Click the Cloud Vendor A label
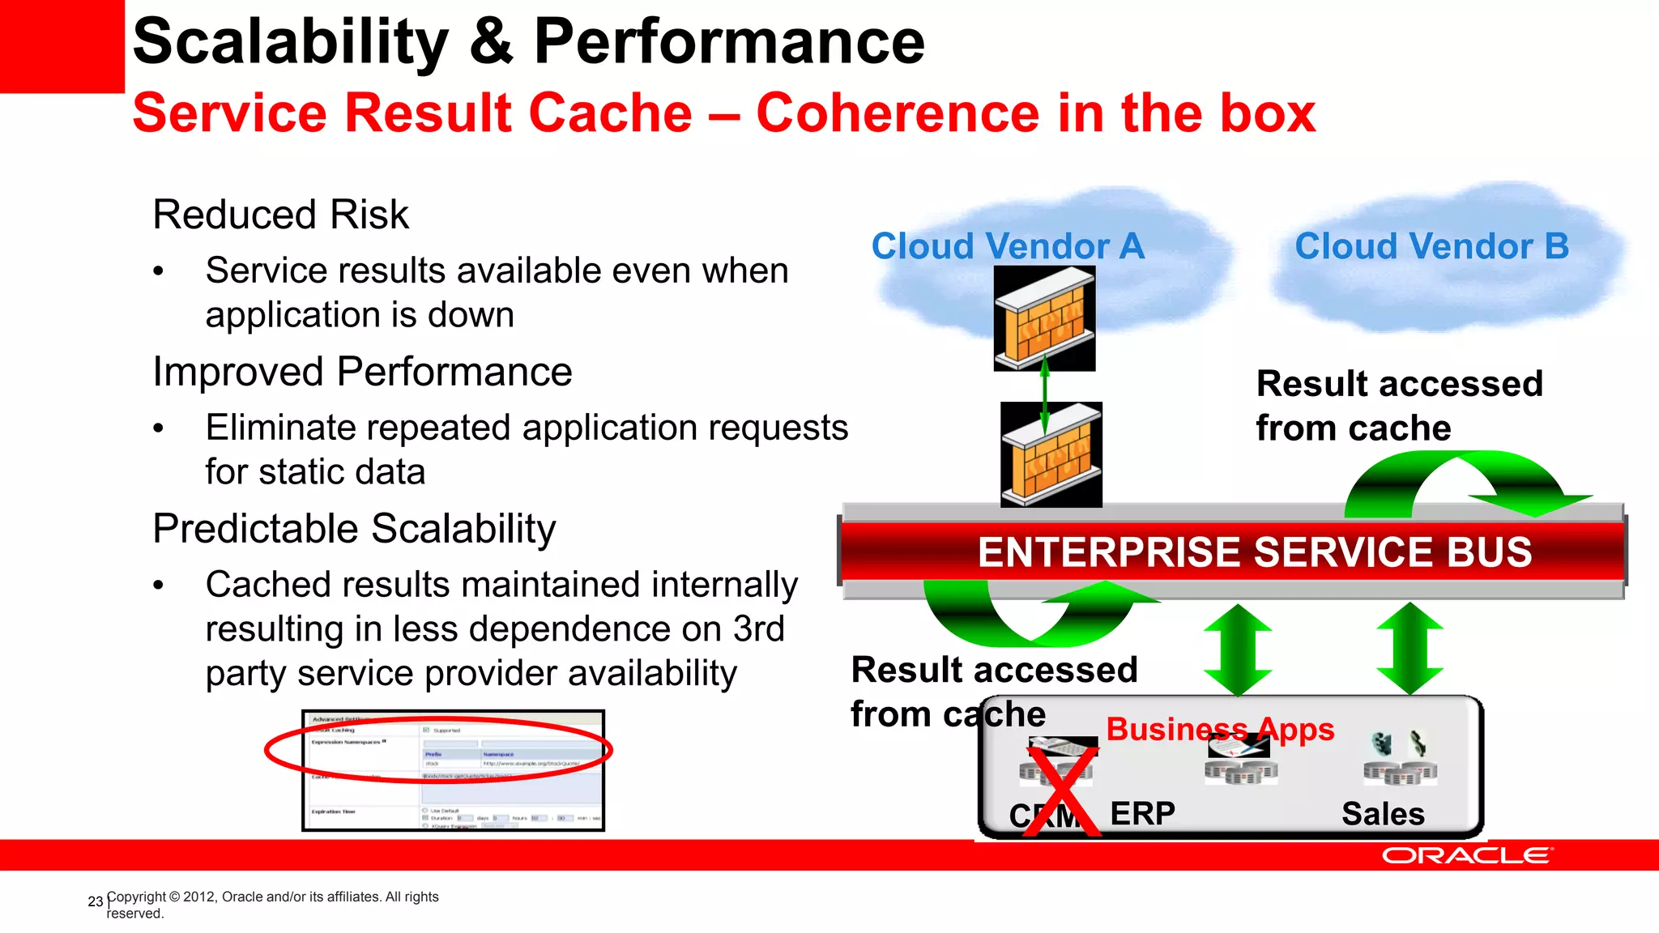(x=1008, y=246)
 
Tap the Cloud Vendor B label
(x=1431, y=246)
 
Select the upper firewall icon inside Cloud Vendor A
(x=1044, y=318)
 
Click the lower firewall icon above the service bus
(x=1051, y=455)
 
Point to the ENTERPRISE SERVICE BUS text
(x=1254, y=552)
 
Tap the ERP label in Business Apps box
(x=1142, y=813)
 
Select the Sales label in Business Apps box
(x=1383, y=813)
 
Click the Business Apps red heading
(x=1220, y=729)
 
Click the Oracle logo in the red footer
(x=1466, y=856)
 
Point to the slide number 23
(x=95, y=901)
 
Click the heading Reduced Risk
(x=280, y=215)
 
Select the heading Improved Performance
(x=362, y=372)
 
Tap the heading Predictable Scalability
(x=354, y=529)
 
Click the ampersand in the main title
(x=490, y=42)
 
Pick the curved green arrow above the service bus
(x=1458, y=481)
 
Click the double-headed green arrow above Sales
(x=1410, y=648)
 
